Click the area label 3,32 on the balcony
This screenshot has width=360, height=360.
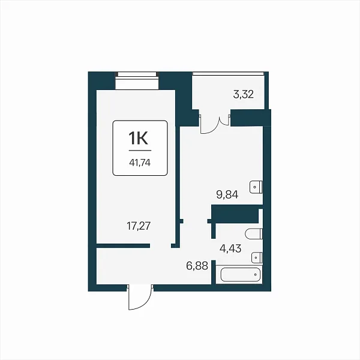click(x=244, y=94)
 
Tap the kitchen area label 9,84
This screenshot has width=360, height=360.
click(x=227, y=194)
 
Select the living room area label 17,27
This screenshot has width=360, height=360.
click(x=139, y=226)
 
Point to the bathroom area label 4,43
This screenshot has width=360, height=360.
click(x=230, y=248)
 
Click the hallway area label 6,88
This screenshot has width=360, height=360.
click(x=197, y=266)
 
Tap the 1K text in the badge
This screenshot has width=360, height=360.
click(x=138, y=139)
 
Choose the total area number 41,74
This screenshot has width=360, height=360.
click(x=140, y=163)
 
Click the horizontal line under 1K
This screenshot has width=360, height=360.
click(x=140, y=151)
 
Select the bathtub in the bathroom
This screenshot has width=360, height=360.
click(x=240, y=274)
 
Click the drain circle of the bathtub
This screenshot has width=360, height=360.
click(x=256, y=274)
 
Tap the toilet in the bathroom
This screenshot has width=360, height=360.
click(x=254, y=234)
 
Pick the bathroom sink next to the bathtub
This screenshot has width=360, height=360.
click(x=257, y=257)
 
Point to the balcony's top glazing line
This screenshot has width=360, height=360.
click(x=228, y=73)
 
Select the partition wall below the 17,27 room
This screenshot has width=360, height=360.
click(x=123, y=246)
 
